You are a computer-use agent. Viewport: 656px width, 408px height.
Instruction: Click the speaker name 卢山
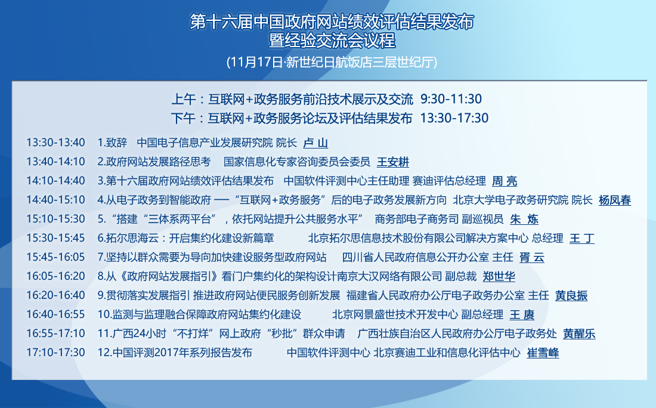coord(315,143)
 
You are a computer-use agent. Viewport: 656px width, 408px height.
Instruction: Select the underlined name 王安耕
coord(393,162)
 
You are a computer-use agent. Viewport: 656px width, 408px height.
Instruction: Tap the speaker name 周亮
coord(505,181)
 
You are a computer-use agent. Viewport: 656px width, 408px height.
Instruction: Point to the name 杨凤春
coord(615,200)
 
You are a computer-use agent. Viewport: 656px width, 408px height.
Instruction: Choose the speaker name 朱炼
coord(524,220)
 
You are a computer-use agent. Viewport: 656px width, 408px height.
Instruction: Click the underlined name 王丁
coord(582,239)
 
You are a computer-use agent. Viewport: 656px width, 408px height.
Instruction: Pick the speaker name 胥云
coord(532,258)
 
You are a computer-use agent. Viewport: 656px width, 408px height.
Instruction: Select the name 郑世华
coord(499,277)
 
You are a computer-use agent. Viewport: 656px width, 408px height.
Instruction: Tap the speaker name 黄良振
coord(571,296)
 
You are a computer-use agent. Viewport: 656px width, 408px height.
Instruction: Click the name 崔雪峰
coord(543,353)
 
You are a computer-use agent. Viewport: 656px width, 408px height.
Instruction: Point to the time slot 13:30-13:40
coord(55,143)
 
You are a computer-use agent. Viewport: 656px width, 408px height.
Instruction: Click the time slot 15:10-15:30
coord(55,220)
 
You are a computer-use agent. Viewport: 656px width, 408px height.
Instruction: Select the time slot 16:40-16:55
coord(55,315)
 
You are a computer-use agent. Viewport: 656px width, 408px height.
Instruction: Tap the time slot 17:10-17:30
coord(55,353)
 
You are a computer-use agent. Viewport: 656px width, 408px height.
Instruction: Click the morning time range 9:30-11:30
coord(451,99)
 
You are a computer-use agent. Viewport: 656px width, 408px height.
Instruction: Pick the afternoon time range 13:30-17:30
coord(454,119)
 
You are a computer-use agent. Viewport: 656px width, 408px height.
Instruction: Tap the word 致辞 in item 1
coord(116,143)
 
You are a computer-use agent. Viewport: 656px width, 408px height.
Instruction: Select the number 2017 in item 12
coord(166,353)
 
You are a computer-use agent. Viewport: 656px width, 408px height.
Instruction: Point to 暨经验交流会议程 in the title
coord(332,41)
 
